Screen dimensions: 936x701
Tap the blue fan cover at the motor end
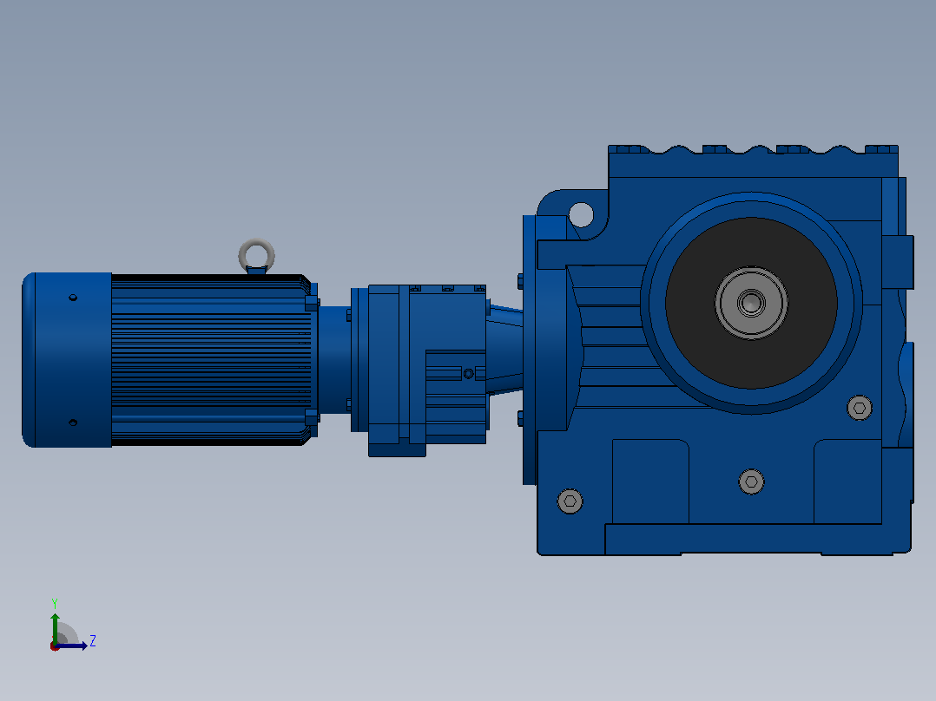coord(67,360)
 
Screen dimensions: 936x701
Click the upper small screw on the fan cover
coord(73,297)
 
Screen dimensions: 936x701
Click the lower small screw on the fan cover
coord(73,423)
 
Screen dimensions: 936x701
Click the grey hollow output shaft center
coord(751,303)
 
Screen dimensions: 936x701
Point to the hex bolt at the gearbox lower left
coord(570,501)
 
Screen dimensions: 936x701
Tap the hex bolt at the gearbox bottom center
coord(752,482)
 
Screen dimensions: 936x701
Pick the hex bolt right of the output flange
coord(860,408)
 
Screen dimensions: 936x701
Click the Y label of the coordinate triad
coord(55,603)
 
